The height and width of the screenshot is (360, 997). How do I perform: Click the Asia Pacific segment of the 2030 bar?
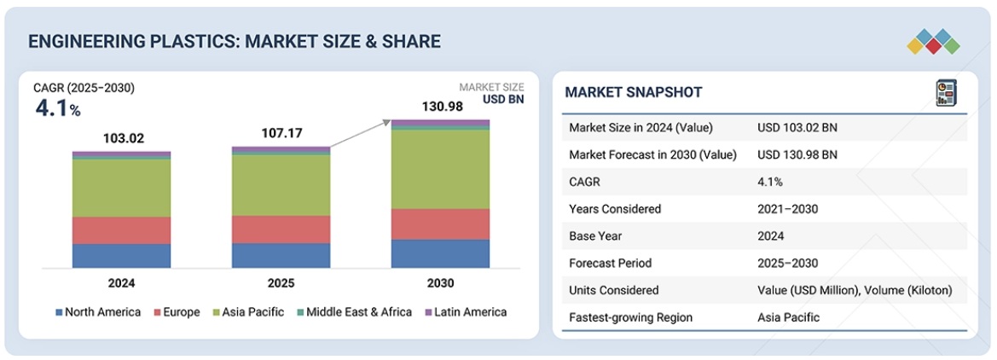coord(440,169)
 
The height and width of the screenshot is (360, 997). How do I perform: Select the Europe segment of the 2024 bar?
coord(121,230)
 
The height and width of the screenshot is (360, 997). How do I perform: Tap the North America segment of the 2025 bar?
coord(281,255)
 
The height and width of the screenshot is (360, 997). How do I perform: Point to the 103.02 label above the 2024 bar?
coord(121,138)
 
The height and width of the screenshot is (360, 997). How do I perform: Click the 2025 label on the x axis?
coord(281,283)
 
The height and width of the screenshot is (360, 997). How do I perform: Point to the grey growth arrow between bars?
coord(361,136)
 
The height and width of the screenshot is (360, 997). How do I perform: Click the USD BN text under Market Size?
coord(503,100)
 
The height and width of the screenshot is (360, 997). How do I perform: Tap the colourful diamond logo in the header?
coord(934,41)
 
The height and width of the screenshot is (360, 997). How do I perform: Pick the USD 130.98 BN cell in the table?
coord(797,154)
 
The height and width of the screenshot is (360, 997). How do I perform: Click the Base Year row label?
coord(597,236)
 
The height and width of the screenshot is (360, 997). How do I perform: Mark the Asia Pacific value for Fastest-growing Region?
coord(788,317)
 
